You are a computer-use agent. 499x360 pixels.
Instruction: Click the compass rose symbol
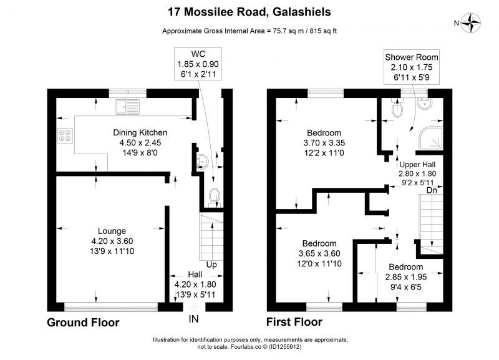(x=471, y=22)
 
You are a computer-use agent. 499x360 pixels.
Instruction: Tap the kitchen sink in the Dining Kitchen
(x=127, y=107)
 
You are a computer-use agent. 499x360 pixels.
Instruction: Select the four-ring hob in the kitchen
(x=65, y=135)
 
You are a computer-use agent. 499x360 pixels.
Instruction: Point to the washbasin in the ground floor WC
(x=201, y=161)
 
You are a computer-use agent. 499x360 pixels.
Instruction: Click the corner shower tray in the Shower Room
(x=431, y=139)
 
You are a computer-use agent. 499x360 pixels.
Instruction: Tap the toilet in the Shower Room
(x=397, y=107)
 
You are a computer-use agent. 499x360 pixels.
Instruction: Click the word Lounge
(x=112, y=231)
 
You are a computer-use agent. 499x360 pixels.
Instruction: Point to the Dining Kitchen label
(x=140, y=132)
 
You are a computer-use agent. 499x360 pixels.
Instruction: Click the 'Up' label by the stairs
(x=211, y=265)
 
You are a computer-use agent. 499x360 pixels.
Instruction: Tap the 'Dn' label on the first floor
(x=432, y=190)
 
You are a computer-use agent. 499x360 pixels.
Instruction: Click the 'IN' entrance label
(x=193, y=319)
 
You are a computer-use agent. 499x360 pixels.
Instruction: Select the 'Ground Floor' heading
(x=83, y=323)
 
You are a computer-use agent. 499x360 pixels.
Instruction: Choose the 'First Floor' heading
(x=294, y=322)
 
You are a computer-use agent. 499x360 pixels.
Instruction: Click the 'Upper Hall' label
(x=417, y=165)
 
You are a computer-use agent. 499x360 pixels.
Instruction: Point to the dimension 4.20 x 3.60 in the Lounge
(x=112, y=241)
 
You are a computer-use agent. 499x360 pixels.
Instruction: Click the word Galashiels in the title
(x=302, y=12)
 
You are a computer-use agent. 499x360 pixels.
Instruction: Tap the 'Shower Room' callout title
(x=412, y=57)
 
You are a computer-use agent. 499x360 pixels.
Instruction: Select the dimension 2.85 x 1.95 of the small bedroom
(x=406, y=277)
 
